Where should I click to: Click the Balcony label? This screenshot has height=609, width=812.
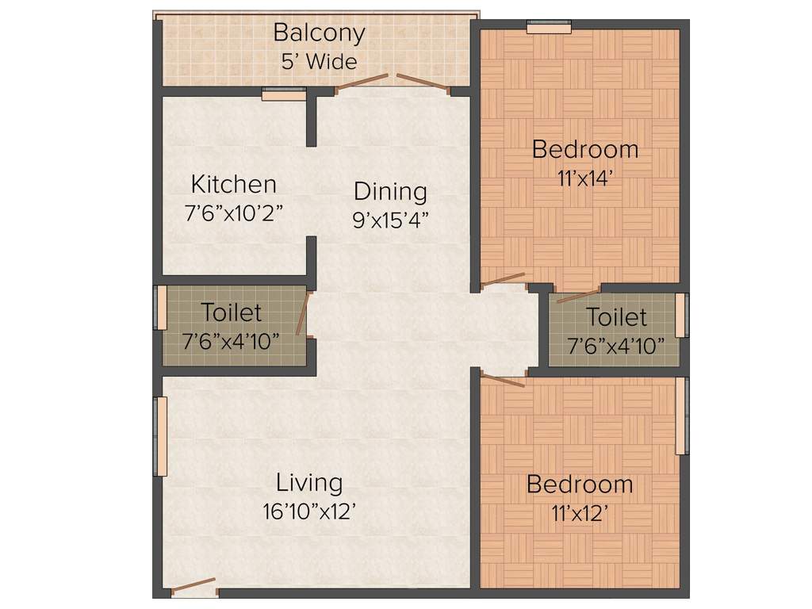click(x=319, y=33)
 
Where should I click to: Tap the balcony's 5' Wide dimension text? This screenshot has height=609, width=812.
click(x=319, y=61)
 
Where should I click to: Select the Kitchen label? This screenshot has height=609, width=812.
click(x=234, y=185)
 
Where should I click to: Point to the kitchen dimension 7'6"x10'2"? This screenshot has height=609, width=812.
click(x=234, y=213)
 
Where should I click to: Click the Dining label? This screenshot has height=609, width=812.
click(x=390, y=192)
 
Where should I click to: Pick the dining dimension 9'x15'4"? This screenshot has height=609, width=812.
click(x=390, y=220)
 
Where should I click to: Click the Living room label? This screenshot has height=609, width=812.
click(x=309, y=482)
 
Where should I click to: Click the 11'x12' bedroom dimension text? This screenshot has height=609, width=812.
click(x=580, y=513)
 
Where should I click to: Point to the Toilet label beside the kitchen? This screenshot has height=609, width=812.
click(x=231, y=312)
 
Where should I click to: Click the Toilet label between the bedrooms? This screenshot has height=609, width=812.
click(x=616, y=318)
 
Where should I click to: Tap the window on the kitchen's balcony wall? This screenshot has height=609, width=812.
click(x=284, y=94)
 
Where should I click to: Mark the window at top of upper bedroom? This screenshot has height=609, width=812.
click(x=550, y=28)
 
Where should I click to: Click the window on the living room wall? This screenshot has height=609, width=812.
click(x=161, y=436)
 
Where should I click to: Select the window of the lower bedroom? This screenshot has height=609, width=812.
click(x=680, y=416)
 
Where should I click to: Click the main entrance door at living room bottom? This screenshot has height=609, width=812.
click(x=193, y=588)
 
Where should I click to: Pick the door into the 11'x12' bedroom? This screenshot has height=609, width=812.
click(x=503, y=380)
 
